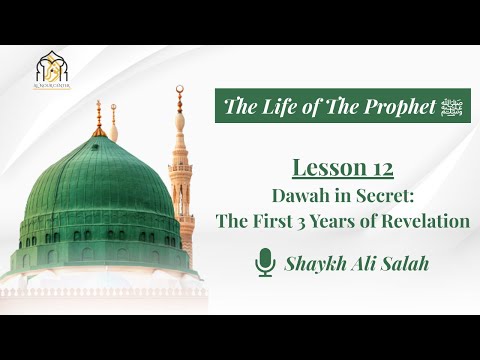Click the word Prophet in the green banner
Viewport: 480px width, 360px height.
pos(389,106)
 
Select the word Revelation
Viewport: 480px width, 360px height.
pos(428,221)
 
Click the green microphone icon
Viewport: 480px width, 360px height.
pos(266,264)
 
